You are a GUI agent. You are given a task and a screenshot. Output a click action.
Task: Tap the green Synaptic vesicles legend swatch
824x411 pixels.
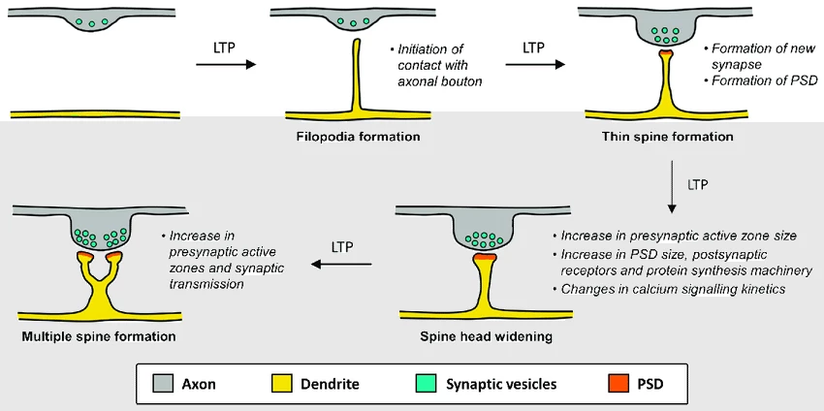[425, 384]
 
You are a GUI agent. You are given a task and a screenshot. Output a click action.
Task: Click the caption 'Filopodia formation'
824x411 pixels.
[358, 137]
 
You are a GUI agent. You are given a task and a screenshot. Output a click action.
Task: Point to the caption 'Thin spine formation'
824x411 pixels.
[668, 137]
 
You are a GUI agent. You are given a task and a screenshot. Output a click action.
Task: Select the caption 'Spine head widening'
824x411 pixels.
[473, 336]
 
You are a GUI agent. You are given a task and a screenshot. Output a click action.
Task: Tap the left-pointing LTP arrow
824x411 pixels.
[341, 264]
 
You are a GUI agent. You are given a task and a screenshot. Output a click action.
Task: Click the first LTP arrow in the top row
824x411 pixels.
[226, 65]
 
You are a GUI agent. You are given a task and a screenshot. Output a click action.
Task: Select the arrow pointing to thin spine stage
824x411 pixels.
[536, 65]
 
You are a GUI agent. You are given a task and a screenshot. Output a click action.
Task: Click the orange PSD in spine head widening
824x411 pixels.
[484, 260]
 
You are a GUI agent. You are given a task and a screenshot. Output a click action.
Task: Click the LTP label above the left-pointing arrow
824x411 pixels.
[342, 246]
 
